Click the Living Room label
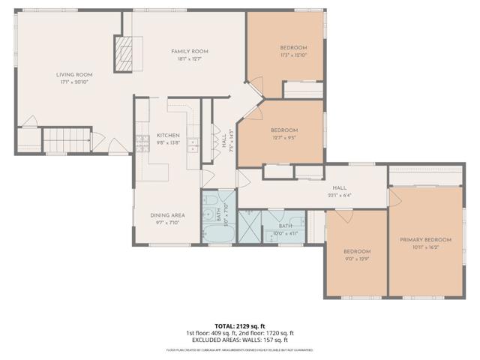(74, 74)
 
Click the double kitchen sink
(193, 143)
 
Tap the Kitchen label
(168, 135)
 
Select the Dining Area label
(168, 215)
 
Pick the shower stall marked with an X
(248, 226)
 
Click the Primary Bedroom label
(424, 239)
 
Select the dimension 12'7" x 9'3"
(284, 137)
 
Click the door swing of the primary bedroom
(398, 199)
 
